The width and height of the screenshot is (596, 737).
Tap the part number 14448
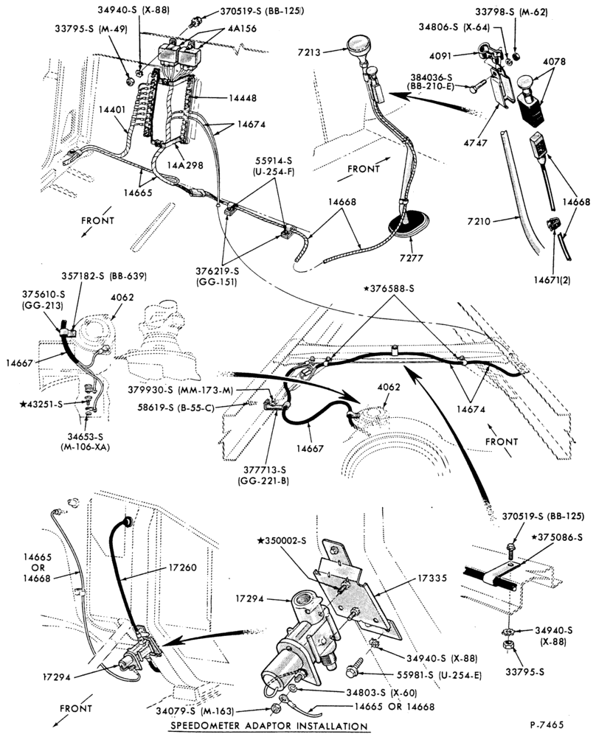click(243, 98)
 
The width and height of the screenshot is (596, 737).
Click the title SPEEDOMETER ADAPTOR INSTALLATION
click(269, 726)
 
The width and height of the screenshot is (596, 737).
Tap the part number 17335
click(432, 578)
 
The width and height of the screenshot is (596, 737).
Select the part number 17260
click(182, 567)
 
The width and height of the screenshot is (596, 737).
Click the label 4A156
click(242, 29)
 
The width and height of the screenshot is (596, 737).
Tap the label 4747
click(476, 142)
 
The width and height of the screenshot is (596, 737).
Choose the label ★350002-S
click(281, 540)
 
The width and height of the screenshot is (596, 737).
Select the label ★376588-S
click(389, 289)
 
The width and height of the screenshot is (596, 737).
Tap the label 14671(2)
click(552, 280)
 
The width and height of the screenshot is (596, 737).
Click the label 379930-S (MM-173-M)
click(181, 390)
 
